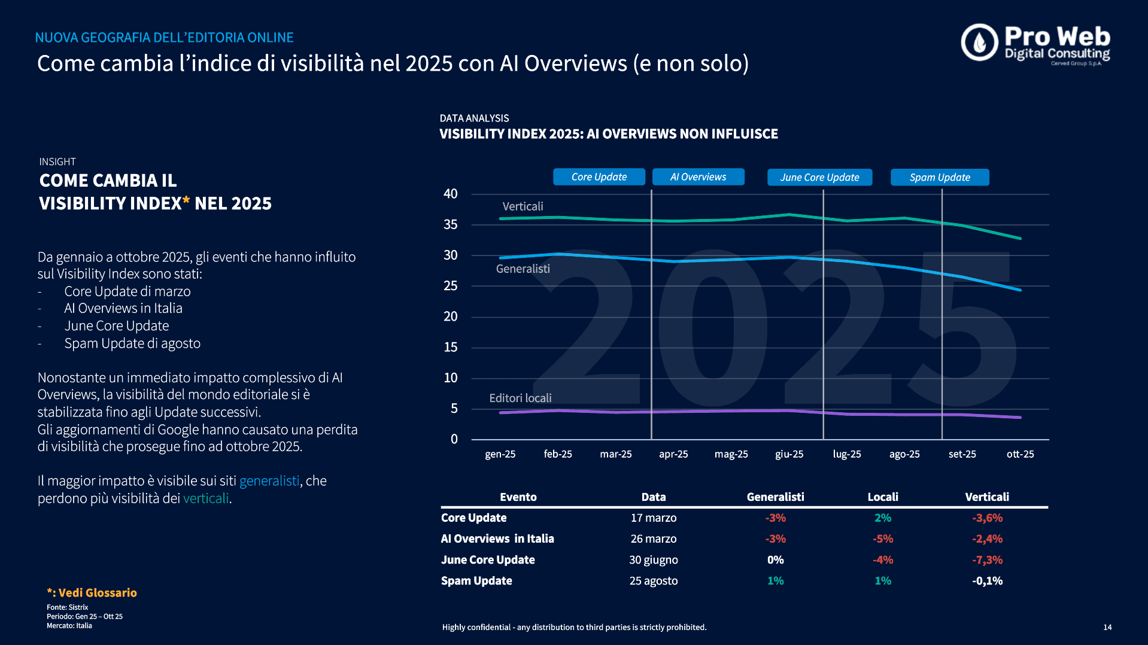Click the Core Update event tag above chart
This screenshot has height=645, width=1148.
[599, 177]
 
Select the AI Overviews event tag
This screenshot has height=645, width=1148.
[698, 177]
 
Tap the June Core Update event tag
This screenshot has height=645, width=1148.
[819, 178]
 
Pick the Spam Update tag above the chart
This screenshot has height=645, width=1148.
[940, 178]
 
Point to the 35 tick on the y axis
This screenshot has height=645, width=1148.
[450, 225]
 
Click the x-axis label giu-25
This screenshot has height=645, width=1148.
[789, 454]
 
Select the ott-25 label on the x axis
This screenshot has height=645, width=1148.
[1020, 454]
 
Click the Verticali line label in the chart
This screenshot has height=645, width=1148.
[523, 206]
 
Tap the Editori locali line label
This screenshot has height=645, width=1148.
[520, 398]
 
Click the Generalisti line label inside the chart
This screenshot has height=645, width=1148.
[523, 269]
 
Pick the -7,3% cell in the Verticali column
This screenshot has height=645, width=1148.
[987, 560]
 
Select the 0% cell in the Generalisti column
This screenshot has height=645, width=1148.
[775, 560]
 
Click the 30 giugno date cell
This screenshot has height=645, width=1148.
[653, 560]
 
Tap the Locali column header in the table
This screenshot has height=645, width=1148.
[883, 497]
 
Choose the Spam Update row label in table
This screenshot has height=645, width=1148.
[476, 581]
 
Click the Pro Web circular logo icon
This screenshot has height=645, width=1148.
[979, 42]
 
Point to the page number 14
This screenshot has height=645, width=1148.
[1107, 628]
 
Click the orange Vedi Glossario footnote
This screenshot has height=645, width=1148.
[92, 593]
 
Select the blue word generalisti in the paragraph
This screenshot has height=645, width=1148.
[269, 481]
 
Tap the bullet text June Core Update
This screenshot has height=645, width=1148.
[117, 326]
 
